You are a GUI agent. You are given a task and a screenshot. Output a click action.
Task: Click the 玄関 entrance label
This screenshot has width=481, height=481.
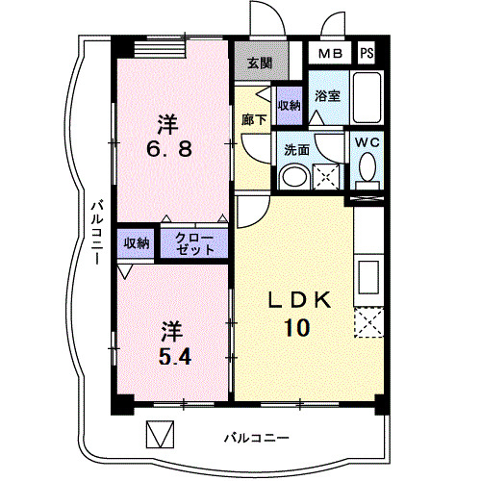260,63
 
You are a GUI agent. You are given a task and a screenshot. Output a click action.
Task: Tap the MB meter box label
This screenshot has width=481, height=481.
330,53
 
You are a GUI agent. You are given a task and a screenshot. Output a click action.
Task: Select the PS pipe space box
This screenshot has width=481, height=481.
367,53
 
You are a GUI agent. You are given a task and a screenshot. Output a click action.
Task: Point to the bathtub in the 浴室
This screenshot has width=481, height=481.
367,97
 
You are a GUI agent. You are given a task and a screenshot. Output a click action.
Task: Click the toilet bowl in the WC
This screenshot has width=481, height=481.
367,165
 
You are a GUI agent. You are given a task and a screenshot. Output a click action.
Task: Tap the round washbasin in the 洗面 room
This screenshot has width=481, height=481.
294,178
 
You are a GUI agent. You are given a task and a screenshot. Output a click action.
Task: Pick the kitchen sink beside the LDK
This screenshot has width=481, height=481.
368,277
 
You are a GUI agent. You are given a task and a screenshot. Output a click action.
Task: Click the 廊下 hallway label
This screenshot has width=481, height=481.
254,119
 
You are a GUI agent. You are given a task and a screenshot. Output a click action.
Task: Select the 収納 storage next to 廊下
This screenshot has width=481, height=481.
290,106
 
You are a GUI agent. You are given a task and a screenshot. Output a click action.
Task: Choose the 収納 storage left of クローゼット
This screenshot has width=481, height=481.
137,243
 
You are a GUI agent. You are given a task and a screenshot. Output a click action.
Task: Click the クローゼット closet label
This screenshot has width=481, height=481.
194,243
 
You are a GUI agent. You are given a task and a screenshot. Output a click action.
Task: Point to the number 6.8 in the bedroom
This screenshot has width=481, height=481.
169,149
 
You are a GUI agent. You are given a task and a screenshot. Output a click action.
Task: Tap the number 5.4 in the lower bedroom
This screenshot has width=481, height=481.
175,357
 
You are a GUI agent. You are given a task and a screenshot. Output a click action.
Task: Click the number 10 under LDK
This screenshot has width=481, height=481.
297,327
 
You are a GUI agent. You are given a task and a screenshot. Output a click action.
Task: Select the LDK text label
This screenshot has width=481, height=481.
299,300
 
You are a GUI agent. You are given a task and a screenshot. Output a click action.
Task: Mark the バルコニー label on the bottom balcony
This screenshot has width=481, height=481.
257,438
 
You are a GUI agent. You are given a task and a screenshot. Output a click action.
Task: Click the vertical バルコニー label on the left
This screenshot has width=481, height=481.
97,233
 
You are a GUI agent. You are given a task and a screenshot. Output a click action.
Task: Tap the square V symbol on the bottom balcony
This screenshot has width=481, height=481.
160,434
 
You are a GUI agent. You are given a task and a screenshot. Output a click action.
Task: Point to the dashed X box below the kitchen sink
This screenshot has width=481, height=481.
368,322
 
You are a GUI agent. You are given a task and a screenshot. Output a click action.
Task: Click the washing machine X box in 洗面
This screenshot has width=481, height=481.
325,176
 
